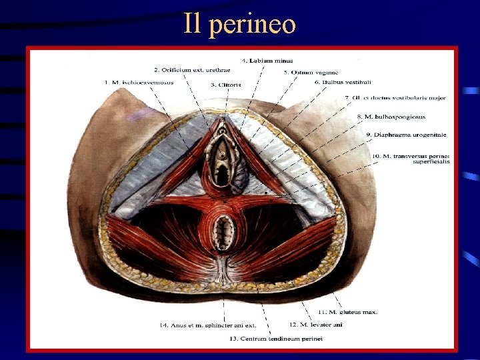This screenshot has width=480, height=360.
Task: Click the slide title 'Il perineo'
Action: coord(239,25)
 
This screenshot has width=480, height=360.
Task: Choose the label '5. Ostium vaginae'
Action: coord(301,72)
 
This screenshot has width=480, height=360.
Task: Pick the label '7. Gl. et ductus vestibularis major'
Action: coord(395,98)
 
